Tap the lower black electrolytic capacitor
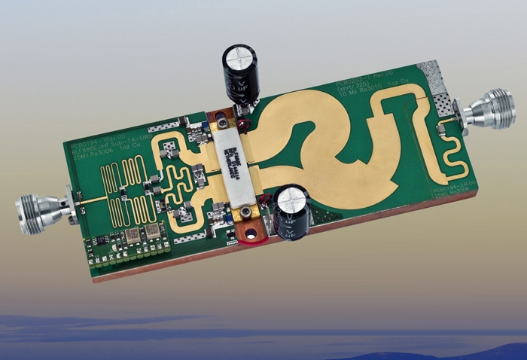tap(291, 213)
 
